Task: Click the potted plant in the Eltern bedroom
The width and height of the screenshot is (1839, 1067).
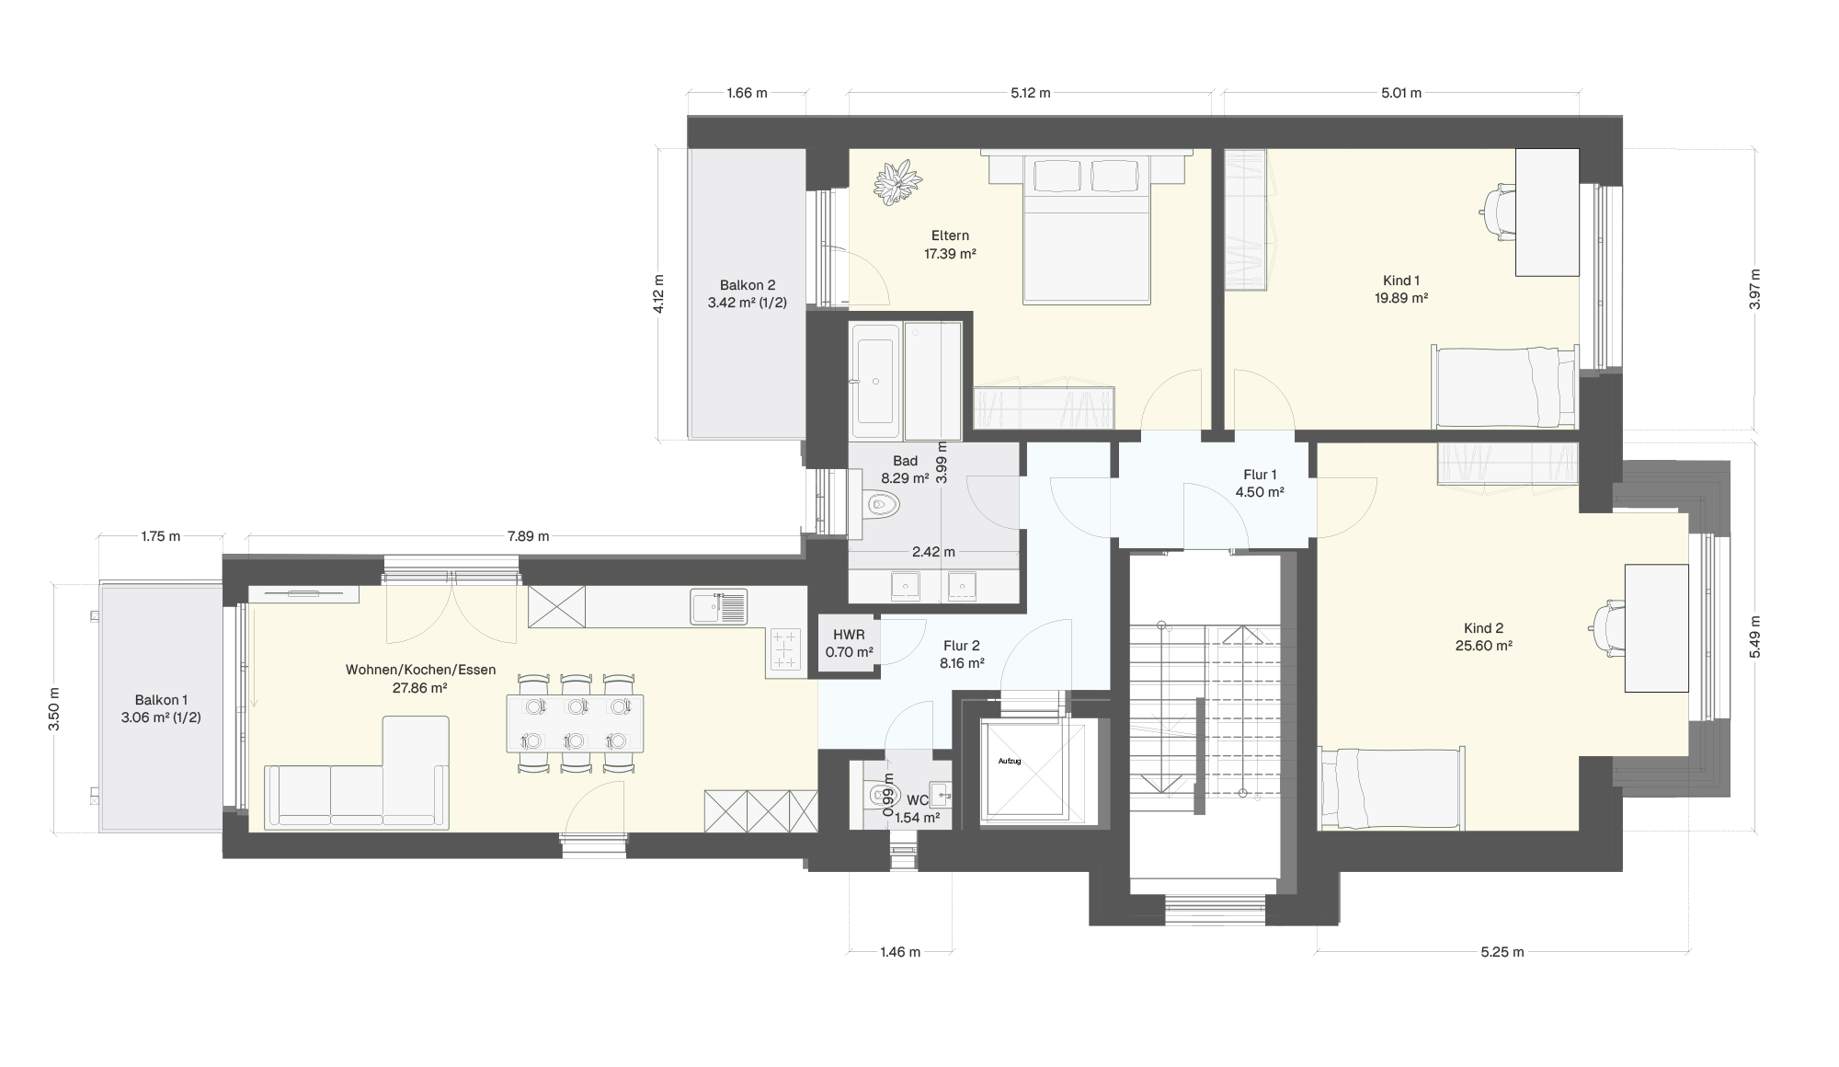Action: [897, 182]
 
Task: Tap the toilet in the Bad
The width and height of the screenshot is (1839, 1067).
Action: [882, 504]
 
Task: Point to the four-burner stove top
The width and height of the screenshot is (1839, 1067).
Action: [785, 649]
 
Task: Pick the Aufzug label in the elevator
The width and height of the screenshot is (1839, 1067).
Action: [1010, 762]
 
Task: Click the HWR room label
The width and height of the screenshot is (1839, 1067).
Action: [849, 635]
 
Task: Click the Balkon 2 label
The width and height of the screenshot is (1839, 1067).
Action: [748, 285]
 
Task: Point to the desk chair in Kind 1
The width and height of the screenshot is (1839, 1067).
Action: [1499, 212]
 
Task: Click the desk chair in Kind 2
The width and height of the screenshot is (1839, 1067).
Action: [1607, 628]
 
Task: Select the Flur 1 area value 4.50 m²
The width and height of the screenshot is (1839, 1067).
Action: [1260, 492]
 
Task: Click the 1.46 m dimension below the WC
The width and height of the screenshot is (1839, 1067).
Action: [900, 952]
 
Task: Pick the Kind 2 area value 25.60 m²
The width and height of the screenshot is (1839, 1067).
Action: [1484, 646]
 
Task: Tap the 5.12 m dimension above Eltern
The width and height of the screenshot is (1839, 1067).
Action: [1030, 93]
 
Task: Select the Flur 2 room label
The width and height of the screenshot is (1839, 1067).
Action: [962, 645]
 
